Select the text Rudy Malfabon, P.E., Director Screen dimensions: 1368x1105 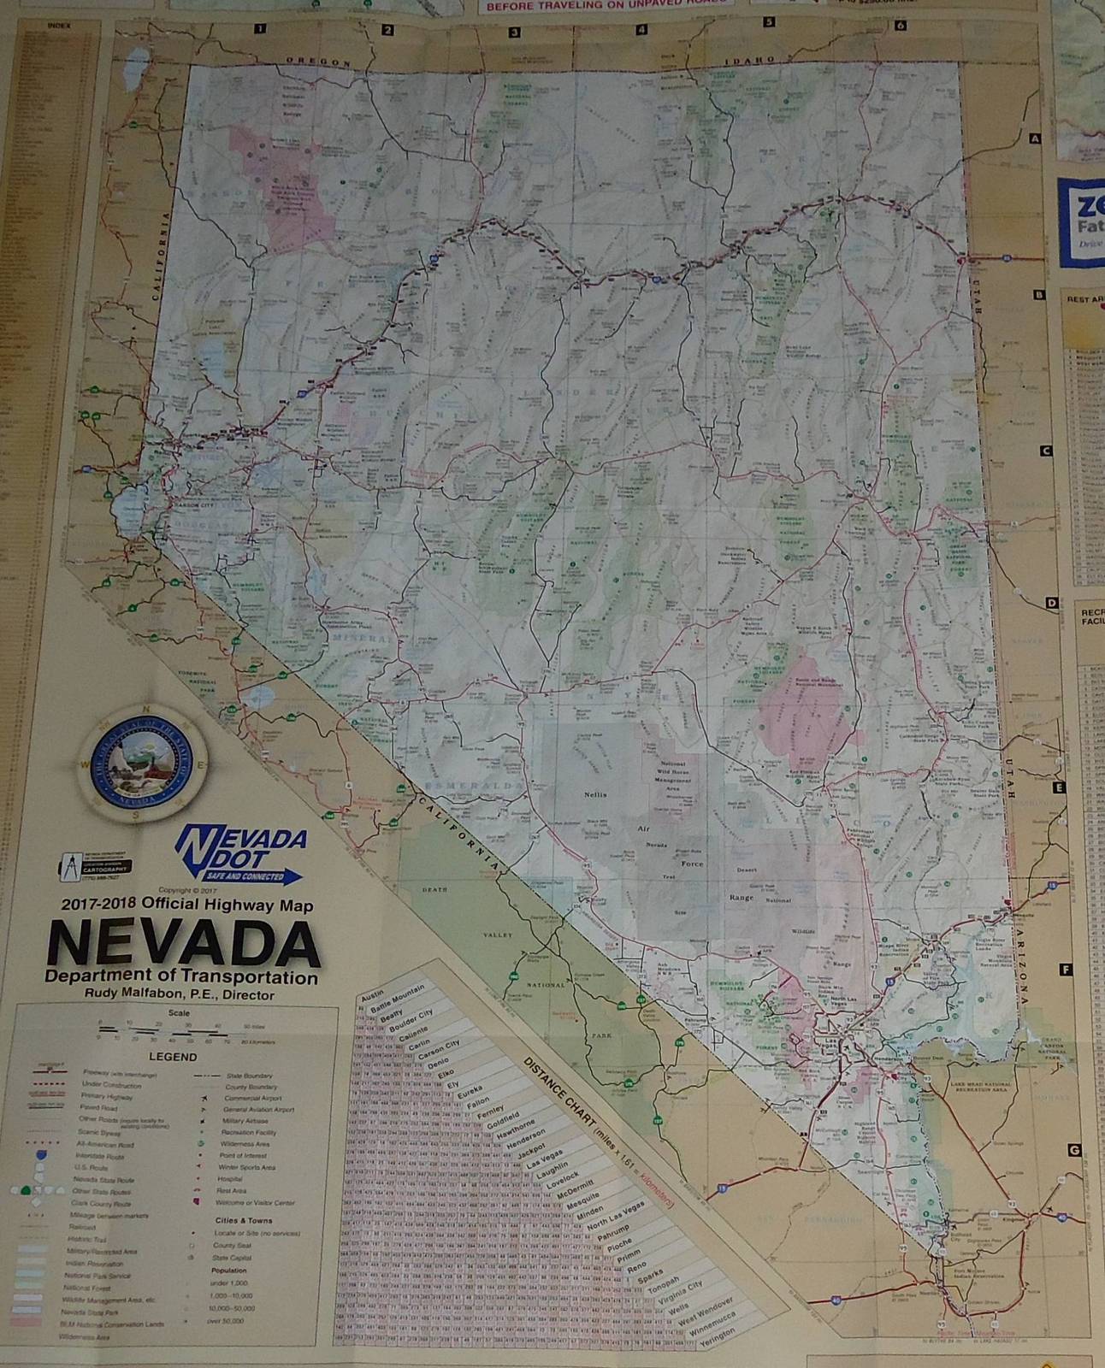click(x=180, y=994)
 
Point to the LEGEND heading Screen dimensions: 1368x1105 click(x=174, y=1057)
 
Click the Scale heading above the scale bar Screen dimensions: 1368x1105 click(x=179, y=1013)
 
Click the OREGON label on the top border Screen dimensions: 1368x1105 click(x=318, y=62)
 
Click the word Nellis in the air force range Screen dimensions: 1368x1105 click(x=595, y=794)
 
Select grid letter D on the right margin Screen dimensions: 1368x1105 click(x=1052, y=603)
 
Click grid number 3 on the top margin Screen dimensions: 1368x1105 click(x=515, y=32)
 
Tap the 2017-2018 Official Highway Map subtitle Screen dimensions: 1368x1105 click(x=186, y=905)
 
